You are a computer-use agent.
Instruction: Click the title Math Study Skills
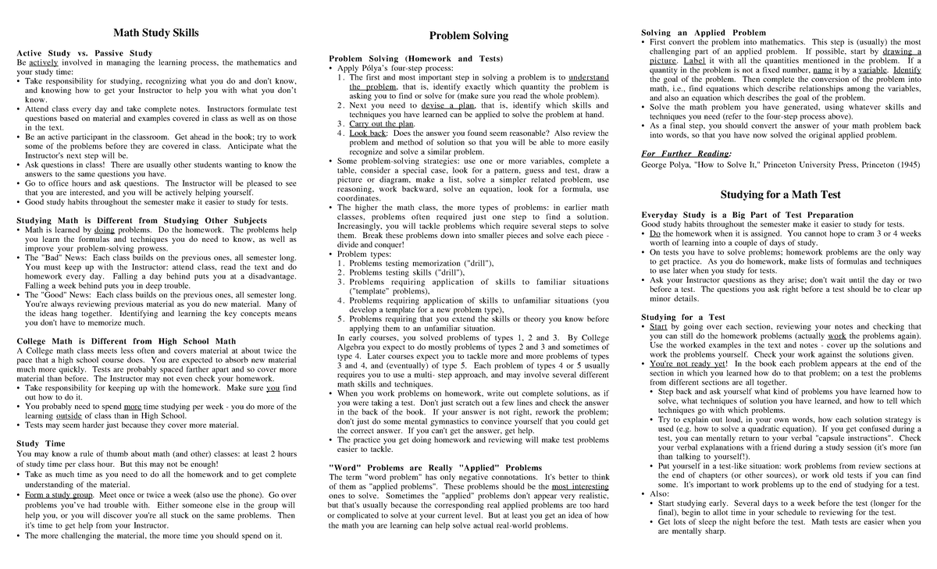(x=156, y=33)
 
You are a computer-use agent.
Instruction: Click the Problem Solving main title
(x=469, y=36)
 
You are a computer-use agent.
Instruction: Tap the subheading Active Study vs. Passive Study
(x=84, y=53)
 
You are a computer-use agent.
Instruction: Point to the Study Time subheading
(x=41, y=443)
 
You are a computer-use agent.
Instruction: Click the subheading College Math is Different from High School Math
(x=126, y=341)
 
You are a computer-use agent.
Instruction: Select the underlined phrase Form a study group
(x=59, y=495)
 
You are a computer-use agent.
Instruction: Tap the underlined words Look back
(x=367, y=133)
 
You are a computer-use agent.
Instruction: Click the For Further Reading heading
(x=686, y=153)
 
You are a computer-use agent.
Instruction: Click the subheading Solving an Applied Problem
(x=704, y=33)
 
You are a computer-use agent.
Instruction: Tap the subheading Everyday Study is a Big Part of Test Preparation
(x=746, y=215)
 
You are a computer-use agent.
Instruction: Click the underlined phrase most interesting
(x=579, y=485)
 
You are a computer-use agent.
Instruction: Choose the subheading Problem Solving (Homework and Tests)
(x=415, y=59)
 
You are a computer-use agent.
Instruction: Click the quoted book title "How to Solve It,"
(x=727, y=165)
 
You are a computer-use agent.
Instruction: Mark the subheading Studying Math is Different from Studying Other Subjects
(x=141, y=221)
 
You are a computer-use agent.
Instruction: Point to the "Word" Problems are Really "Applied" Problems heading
(x=435, y=468)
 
